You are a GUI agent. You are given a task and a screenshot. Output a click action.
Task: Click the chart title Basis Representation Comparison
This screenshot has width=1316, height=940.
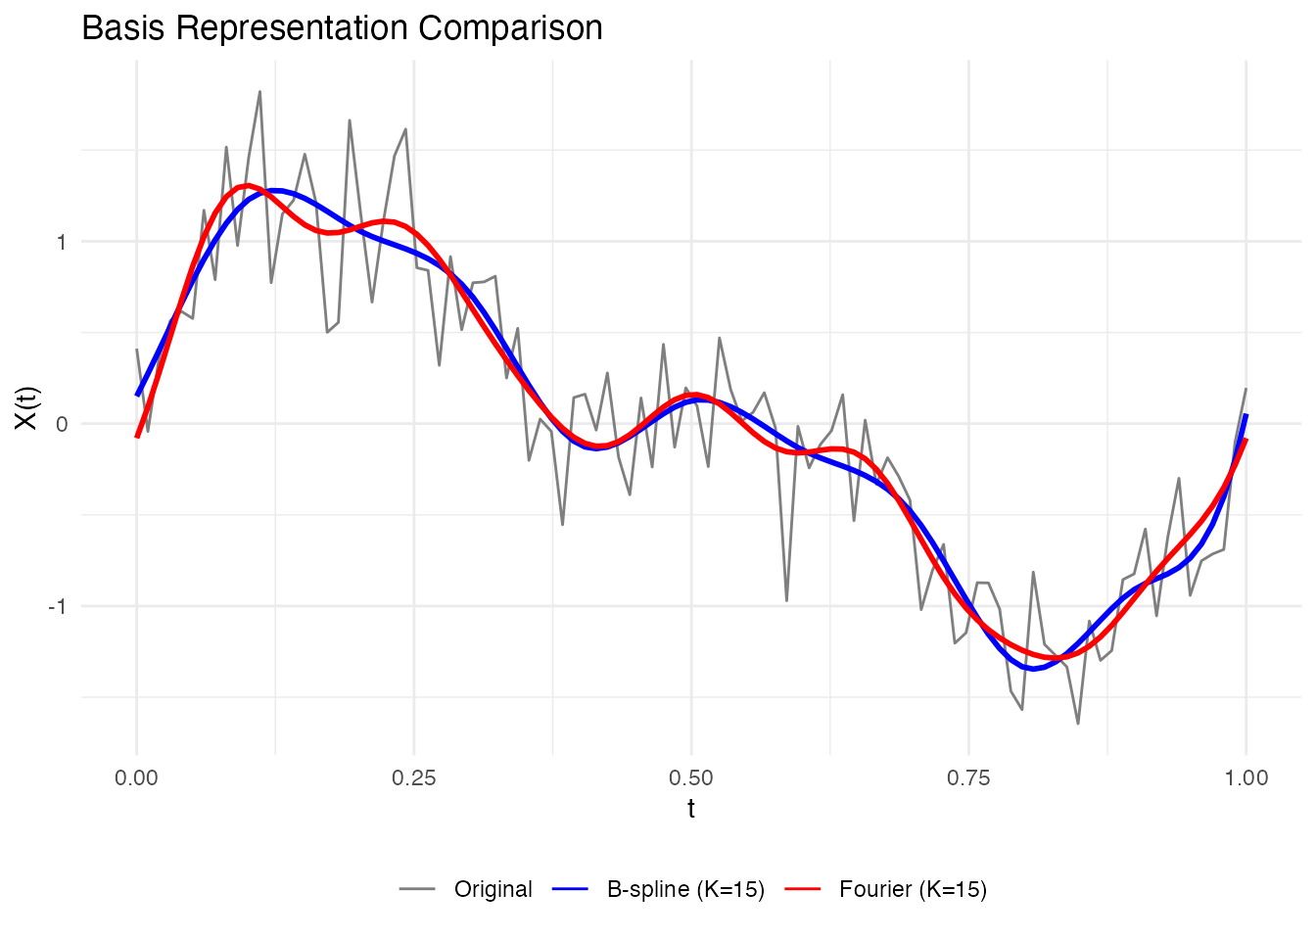click(342, 27)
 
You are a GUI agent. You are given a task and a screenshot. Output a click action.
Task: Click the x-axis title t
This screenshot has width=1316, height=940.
click(691, 809)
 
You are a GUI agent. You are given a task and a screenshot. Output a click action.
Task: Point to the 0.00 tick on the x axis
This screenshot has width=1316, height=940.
click(136, 778)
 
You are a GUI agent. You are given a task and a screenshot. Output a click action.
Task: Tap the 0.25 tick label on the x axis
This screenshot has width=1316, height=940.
click(413, 778)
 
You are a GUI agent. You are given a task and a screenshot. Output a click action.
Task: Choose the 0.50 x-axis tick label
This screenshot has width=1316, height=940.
click(691, 778)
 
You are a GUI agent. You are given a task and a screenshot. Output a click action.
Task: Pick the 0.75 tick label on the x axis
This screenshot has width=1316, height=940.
click(968, 778)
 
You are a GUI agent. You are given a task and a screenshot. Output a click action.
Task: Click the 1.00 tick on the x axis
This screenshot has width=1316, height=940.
click(1245, 778)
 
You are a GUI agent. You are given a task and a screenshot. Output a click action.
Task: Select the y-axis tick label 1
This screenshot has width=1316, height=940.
click(62, 242)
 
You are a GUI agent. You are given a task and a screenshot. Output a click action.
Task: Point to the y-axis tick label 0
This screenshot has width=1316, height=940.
click(62, 424)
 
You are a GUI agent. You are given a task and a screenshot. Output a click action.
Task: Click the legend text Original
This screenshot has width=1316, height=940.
click(493, 889)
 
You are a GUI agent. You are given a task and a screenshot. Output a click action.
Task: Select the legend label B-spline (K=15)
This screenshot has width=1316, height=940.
click(685, 889)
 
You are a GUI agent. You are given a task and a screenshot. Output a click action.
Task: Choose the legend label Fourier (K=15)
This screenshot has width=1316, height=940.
click(913, 889)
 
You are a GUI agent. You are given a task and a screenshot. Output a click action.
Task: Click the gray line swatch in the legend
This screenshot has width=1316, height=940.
click(416, 889)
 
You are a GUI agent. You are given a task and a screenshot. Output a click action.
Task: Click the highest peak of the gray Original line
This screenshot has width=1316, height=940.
click(259, 92)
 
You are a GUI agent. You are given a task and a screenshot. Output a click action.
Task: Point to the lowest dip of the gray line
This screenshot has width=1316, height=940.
click(1078, 724)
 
